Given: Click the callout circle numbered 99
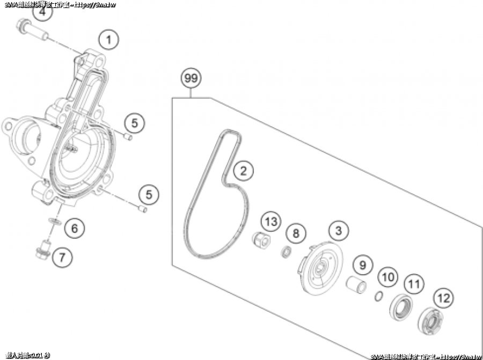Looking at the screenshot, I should pos(191,79).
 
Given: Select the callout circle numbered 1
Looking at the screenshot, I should pos(109,39).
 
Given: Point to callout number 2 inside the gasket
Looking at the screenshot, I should pos(243,172).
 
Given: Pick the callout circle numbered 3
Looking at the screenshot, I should pos(338,231).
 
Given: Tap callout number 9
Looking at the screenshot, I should pos(362,265).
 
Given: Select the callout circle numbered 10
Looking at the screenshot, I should pos(389,277).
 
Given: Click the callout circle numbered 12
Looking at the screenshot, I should pos(444,297).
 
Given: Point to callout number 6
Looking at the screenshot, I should pos(75,229).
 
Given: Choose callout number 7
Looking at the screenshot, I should pos(62,257).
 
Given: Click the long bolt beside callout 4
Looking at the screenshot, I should pos(33,30).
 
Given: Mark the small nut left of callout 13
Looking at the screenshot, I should pos(260,239).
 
